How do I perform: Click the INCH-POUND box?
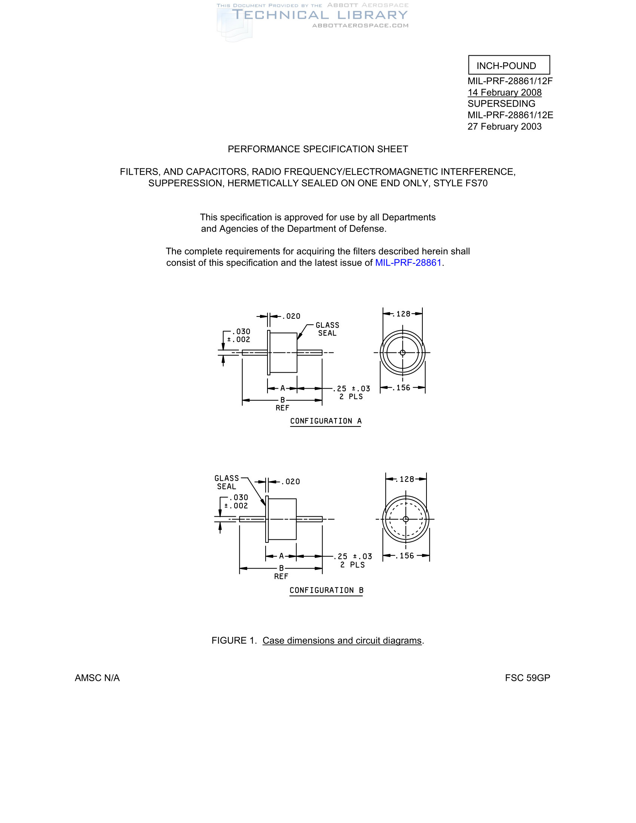pos(509,65)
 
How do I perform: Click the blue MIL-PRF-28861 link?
pos(408,263)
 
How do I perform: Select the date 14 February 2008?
pos(504,92)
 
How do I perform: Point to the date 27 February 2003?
pos(504,126)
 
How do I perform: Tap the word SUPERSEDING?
pos(501,104)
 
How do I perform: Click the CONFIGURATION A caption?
pos(325,421)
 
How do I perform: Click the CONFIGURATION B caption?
pos(326,590)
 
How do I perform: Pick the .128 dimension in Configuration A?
pos(403,314)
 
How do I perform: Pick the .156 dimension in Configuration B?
pos(407,556)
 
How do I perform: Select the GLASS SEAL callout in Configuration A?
pos(327,329)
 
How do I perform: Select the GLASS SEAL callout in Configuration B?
pos(227,482)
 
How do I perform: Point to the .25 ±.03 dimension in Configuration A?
pos(351,392)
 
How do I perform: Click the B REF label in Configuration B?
pos(281,572)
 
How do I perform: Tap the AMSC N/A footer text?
pos(97,678)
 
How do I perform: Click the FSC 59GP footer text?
pos(527,678)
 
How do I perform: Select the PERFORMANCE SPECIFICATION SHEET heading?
pos(318,149)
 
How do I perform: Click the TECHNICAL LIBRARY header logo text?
pos(319,15)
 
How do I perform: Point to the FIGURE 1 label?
pos(233,640)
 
